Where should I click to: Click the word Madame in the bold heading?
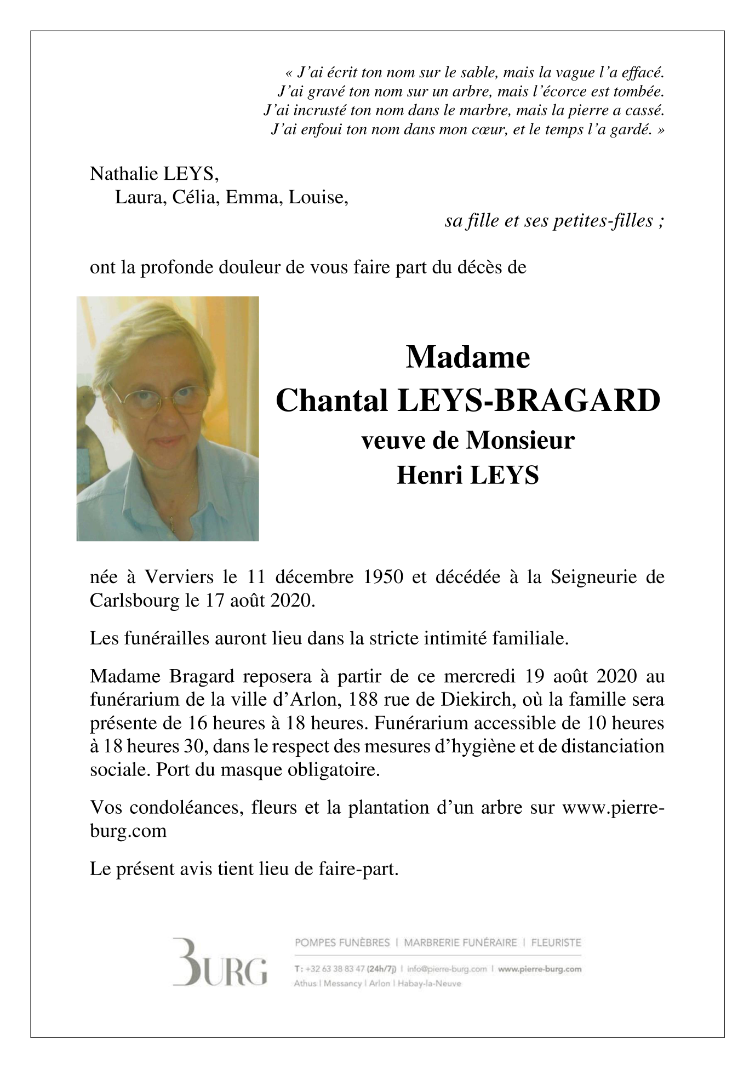point(467,357)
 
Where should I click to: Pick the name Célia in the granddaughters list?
point(194,197)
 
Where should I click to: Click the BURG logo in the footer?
point(220,969)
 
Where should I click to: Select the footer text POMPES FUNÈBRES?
point(342,943)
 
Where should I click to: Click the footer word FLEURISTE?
point(556,943)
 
